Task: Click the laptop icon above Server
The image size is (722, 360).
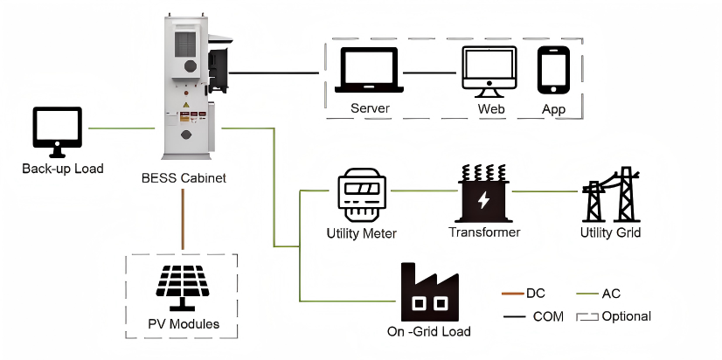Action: click(370, 72)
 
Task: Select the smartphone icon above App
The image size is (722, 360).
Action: click(553, 71)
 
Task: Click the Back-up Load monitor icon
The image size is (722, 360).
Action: click(57, 131)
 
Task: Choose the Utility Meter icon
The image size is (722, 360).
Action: click(361, 197)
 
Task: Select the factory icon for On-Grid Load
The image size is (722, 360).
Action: click(428, 293)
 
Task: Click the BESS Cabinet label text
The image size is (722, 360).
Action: click(184, 178)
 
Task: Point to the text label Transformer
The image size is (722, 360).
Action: click(484, 232)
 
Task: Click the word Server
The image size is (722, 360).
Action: click(370, 109)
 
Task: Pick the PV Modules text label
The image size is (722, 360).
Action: click(183, 325)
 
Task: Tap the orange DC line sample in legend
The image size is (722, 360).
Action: click(511, 294)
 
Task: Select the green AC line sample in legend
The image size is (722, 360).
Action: click(587, 294)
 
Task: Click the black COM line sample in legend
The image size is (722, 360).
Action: click(512, 315)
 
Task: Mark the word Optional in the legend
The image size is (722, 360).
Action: click(627, 315)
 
